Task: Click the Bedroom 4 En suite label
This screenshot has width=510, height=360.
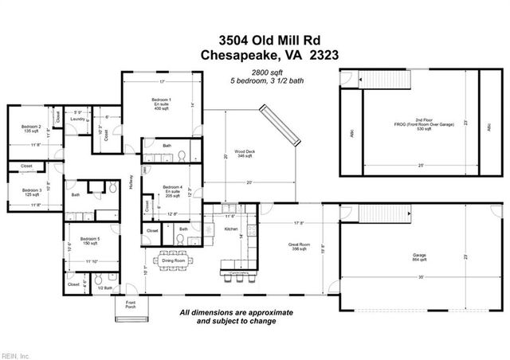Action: pos(162,190)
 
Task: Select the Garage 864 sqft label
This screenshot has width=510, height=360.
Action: pos(419,235)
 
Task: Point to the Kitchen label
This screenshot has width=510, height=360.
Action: pos(231,229)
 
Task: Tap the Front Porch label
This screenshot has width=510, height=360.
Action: pos(128,306)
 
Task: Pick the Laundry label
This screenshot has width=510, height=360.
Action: pos(77,119)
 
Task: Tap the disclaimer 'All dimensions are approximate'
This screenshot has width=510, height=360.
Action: pos(237,312)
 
